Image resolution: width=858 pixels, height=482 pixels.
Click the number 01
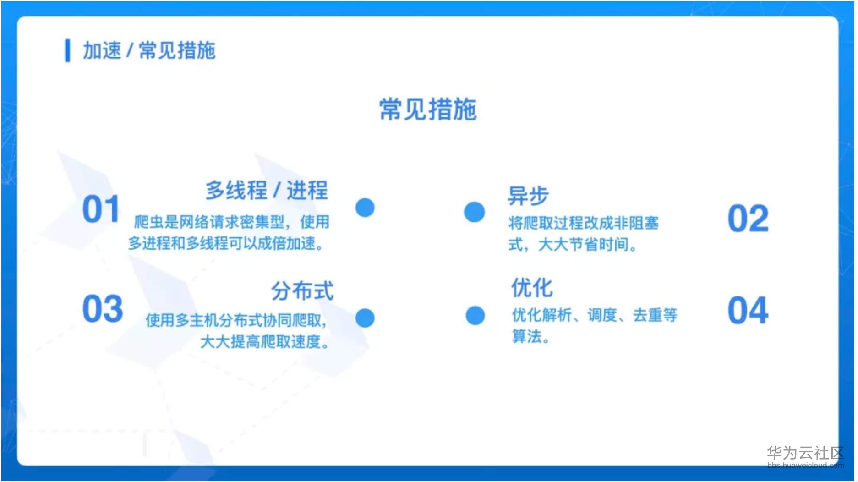point(101,209)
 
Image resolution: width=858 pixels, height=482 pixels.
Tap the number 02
point(748,219)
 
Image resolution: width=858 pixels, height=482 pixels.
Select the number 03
point(103,309)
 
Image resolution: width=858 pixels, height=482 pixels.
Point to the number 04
point(748,311)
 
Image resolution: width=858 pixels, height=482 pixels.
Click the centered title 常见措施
point(428,109)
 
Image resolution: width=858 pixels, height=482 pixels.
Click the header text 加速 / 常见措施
point(149,50)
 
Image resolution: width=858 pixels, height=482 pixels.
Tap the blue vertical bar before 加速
point(68,50)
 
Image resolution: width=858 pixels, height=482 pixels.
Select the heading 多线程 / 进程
point(266,190)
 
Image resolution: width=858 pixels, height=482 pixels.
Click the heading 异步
point(528,196)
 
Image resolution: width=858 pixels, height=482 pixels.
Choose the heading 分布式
point(302,291)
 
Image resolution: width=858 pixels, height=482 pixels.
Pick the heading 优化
point(532,288)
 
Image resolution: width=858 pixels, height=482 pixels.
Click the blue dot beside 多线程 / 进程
point(365,208)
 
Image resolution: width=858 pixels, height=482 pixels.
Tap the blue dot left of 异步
point(474,212)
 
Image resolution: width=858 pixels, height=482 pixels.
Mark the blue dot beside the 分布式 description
point(365,318)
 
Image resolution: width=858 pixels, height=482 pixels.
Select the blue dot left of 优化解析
point(475,315)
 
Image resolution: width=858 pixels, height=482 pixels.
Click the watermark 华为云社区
point(805,453)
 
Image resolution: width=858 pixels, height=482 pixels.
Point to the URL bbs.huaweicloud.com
point(805,466)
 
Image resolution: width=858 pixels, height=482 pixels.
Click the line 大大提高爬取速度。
point(265,342)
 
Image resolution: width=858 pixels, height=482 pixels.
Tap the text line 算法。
point(530,337)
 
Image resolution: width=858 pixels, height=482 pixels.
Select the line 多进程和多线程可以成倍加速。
point(226,243)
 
